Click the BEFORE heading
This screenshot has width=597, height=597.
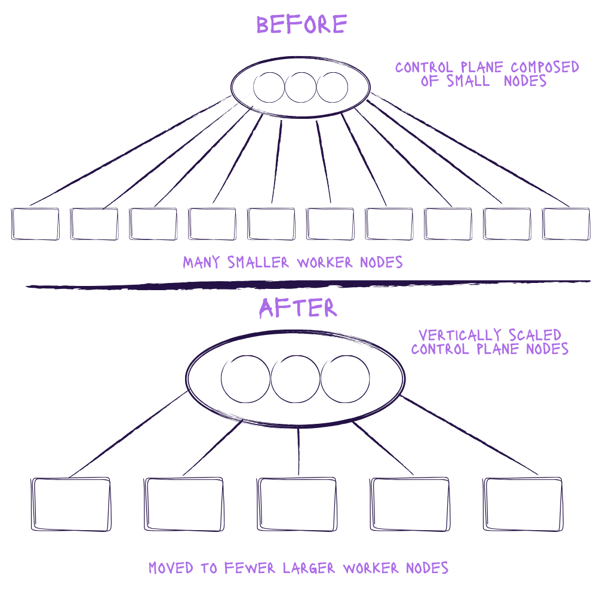click(301, 24)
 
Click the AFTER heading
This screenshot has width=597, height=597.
click(298, 307)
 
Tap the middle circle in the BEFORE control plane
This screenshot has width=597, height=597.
click(300, 87)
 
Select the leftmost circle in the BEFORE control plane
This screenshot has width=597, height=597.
click(269, 87)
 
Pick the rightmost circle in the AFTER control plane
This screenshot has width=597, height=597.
click(345, 379)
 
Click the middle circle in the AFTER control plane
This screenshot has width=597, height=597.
click(296, 379)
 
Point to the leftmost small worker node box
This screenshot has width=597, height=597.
click(35, 224)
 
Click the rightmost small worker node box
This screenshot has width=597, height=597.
click(565, 224)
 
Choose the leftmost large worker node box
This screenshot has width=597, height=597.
click(71, 504)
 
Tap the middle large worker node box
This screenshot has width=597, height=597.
click(297, 504)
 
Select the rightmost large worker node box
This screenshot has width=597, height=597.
click(522, 504)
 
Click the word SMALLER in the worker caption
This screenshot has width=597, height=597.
click(248, 262)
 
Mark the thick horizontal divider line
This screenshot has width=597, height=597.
click(298, 285)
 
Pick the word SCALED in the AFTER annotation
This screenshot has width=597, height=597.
click(537, 335)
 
